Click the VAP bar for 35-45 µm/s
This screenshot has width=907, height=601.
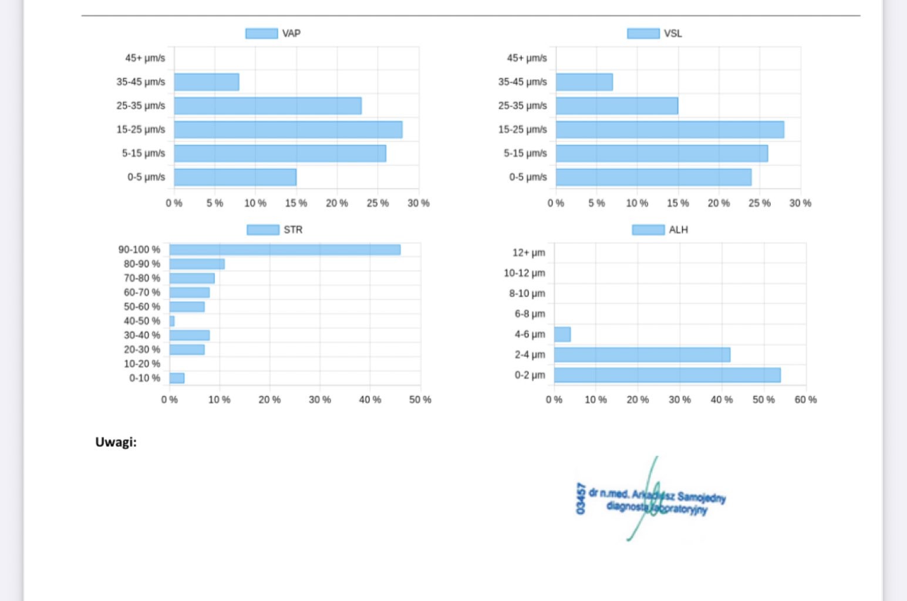coord(207,82)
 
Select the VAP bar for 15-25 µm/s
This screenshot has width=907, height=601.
coord(288,130)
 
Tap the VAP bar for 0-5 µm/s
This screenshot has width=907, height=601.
coord(235,177)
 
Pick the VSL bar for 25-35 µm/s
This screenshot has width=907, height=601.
coord(616,106)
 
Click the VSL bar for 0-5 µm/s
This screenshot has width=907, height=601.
coord(653,177)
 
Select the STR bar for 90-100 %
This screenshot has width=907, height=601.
coord(285,250)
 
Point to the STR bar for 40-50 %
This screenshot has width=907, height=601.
coord(172,321)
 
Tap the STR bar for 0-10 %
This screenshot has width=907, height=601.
coord(177,378)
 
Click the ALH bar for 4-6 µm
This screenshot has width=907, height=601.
coord(562,335)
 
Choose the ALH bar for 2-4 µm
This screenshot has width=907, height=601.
coord(642,355)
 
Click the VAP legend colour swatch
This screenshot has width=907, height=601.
coord(262,33)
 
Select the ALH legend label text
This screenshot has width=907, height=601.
coord(678,229)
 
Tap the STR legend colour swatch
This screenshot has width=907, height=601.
coord(263,229)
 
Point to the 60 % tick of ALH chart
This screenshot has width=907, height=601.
coord(805,400)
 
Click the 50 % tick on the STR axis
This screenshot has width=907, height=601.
coord(420,400)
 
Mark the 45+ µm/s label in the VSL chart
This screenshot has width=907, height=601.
coord(527,58)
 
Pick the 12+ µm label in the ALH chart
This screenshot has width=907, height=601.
coord(528,253)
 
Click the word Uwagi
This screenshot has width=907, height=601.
coord(116,442)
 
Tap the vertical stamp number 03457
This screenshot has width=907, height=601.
coord(581,498)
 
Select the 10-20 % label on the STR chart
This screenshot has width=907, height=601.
coord(141,364)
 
